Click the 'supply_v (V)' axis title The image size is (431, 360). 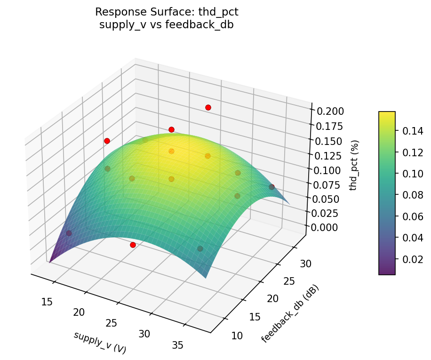coord(100,342)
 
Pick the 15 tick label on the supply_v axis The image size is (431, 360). coord(47,302)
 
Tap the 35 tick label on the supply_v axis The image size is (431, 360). coord(178,345)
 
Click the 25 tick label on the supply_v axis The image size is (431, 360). coord(112,323)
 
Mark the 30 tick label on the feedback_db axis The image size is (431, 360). coord(306,264)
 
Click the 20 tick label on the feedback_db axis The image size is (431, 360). coord(273,298)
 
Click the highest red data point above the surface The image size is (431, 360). coord(208,108)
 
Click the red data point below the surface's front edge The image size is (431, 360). coord(133,245)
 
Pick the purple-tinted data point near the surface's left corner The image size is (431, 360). coord(69,233)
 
